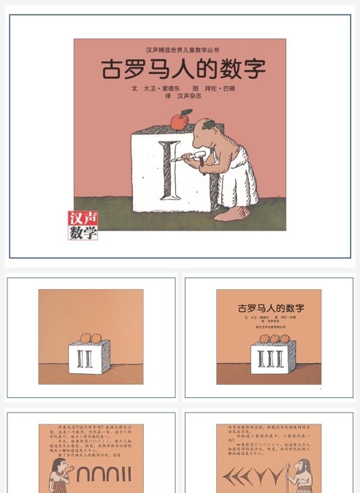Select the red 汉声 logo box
pos(83,219)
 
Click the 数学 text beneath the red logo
pos(83,233)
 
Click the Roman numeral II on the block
pos(91,359)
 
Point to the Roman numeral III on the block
pos(269,358)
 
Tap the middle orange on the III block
pos(269,337)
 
